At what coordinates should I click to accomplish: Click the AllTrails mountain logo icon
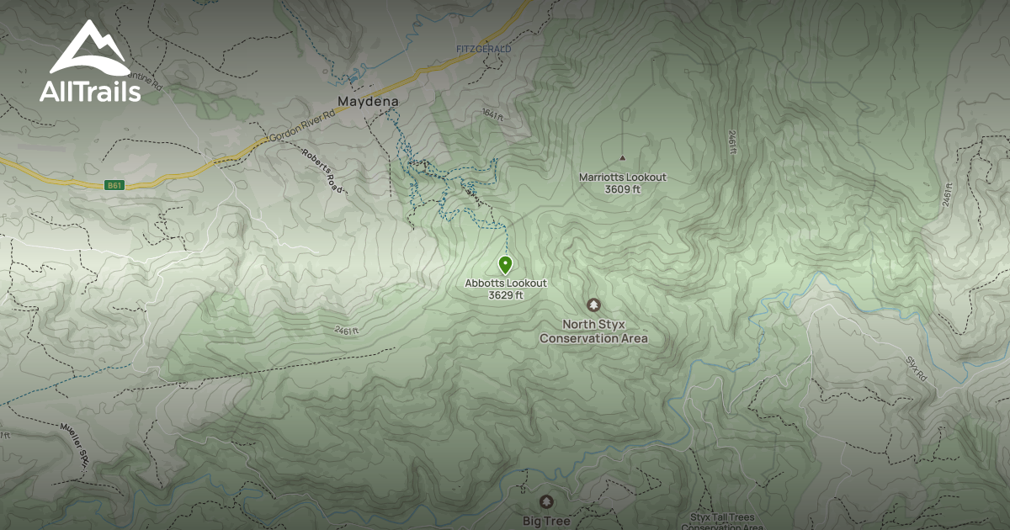pyautogui.click(x=90, y=49)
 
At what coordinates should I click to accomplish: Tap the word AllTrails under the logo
pyautogui.click(x=90, y=91)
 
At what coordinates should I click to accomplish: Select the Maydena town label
pyautogui.click(x=367, y=101)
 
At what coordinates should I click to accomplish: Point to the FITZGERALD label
pyautogui.click(x=483, y=50)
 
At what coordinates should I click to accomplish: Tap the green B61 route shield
pyautogui.click(x=114, y=185)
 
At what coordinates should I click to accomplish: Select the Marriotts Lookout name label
pyautogui.click(x=622, y=178)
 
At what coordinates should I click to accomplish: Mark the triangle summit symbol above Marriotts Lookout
pyautogui.click(x=623, y=157)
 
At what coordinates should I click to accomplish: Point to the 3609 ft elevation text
pyautogui.click(x=622, y=189)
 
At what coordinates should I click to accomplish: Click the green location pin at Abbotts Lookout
pyautogui.click(x=505, y=265)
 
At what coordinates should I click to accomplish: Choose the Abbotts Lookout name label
pyautogui.click(x=506, y=284)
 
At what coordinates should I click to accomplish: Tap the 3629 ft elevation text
pyautogui.click(x=506, y=295)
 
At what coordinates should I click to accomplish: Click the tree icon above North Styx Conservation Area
pyautogui.click(x=593, y=305)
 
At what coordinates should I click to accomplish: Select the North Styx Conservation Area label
pyautogui.click(x=593, y=331)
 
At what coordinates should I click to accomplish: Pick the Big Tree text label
pyautogui.click(x=546, y=521)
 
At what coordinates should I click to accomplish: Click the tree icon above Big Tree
pyautogui.click(x=547, y=502)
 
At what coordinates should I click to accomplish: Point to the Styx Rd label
pyautogui.click(x=917, y=369)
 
